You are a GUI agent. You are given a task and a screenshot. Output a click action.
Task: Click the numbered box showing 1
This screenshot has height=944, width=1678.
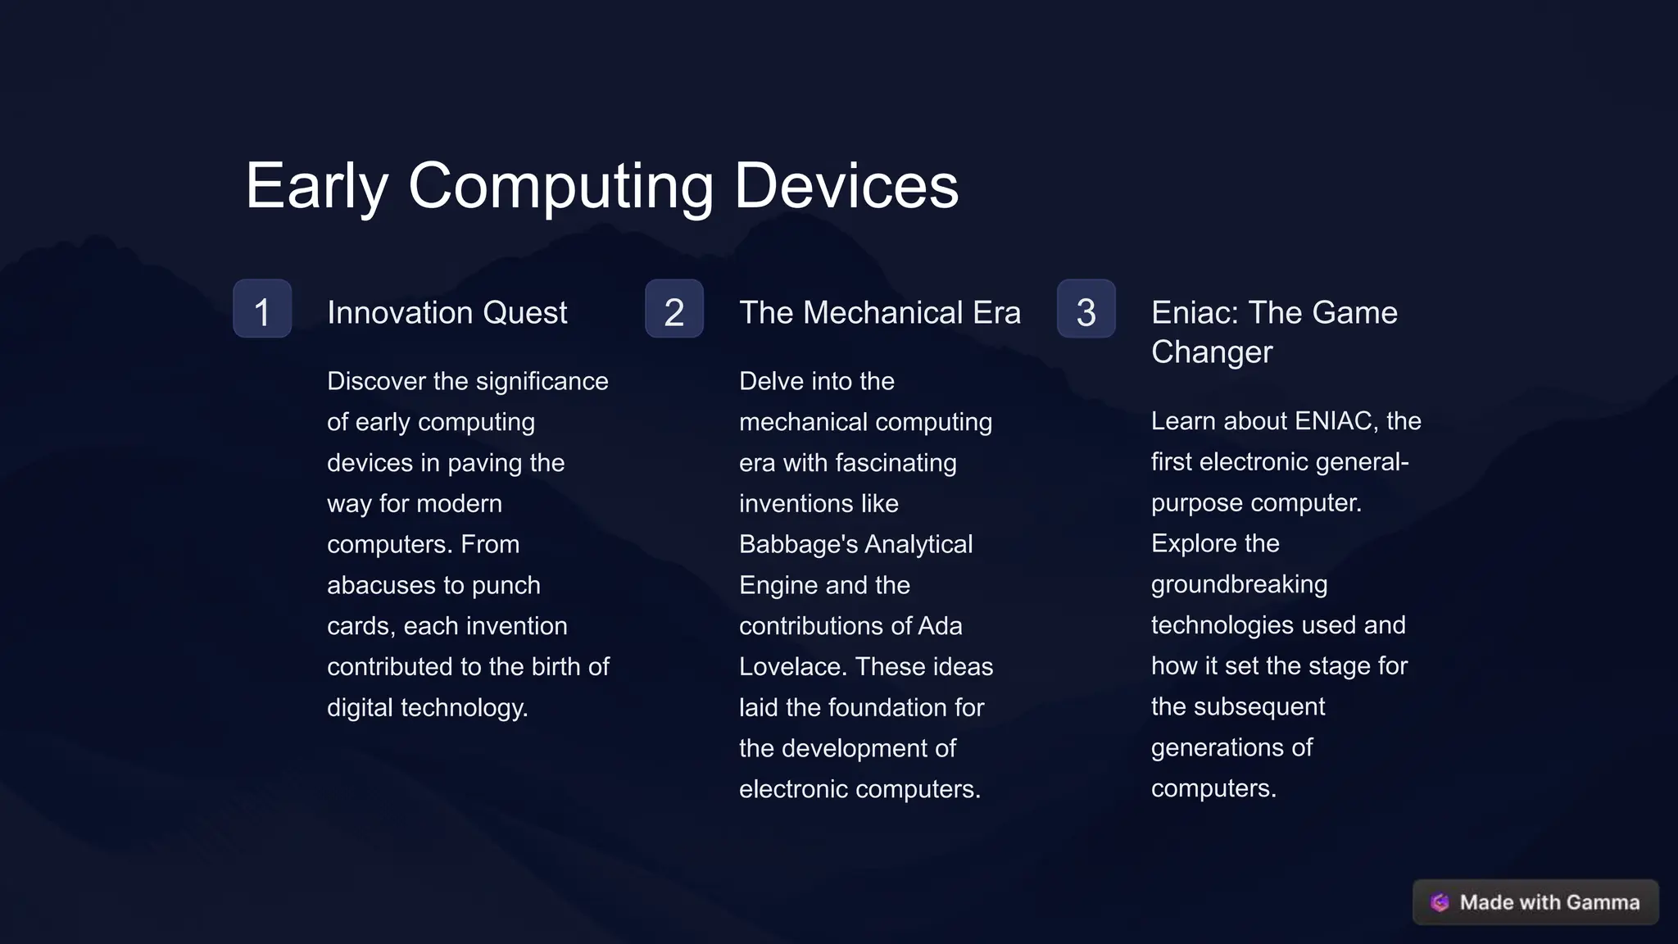point(262,309)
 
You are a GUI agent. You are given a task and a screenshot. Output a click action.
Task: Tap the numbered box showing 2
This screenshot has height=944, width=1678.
point(673,309)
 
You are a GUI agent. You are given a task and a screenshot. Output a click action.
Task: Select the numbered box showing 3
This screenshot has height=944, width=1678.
point(1086,309)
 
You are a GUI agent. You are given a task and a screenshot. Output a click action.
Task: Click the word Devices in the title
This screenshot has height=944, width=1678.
point(846,186)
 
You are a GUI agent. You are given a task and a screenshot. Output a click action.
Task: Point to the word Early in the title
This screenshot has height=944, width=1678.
point(316,186)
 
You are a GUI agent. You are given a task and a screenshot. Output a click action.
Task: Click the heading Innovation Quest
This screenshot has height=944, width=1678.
point(447,313)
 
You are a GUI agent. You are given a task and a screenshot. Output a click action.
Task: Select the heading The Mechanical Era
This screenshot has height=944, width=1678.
point(879,313)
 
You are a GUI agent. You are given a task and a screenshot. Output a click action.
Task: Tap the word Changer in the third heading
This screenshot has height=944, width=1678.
point(1211,352)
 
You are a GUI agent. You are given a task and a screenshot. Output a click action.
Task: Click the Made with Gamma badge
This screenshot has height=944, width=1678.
point(1535,902)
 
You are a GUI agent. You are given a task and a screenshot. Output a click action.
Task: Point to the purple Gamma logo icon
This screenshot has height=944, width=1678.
point(1440,902)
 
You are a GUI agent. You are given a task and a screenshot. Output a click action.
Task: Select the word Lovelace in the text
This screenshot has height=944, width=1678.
point(791,667)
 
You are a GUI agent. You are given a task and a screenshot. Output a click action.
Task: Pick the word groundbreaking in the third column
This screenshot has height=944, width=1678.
point(1239,585)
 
